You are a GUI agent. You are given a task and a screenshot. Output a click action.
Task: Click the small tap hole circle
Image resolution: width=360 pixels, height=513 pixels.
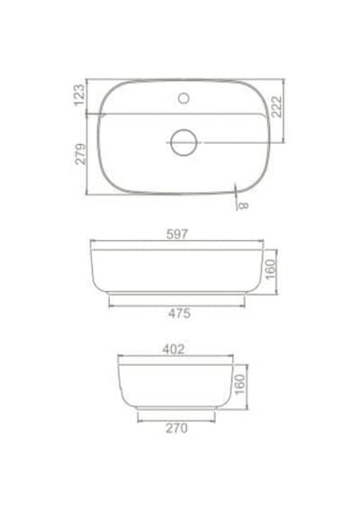(184, 98)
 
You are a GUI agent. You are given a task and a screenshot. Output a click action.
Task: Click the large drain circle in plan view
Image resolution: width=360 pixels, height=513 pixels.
(184, 142)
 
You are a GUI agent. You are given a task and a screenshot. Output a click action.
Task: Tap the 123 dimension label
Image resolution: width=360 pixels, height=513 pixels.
(79, 95)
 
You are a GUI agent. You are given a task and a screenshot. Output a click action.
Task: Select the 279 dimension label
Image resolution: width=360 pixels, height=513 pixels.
(80, 154)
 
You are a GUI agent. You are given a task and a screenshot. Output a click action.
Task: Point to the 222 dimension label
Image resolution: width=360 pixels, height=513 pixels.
(276, 107)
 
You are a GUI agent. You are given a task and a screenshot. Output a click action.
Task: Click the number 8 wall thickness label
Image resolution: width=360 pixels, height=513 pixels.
(244, 206)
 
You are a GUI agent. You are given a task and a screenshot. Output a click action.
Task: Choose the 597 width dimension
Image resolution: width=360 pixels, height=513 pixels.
(177, 234)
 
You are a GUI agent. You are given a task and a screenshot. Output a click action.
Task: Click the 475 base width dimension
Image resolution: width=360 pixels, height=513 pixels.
(179, 313)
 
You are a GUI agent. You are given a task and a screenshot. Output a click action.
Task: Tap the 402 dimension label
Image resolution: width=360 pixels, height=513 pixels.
(174, 349)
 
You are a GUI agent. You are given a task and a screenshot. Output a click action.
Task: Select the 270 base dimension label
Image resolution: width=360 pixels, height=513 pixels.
(176, 428)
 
